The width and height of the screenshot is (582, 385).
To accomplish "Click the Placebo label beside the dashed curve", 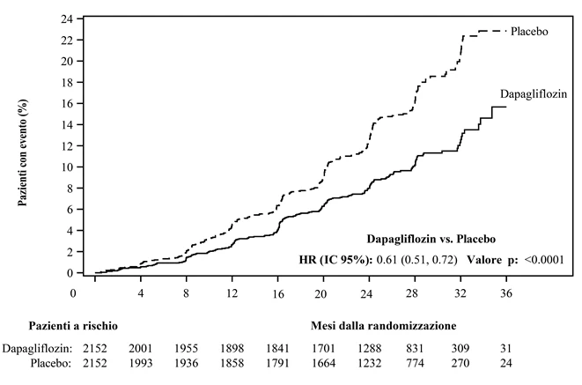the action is (x=529, y=32).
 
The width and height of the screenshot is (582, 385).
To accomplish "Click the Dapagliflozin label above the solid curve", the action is (x=534, y=94).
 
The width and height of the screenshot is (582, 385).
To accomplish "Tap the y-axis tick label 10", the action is (x=67, y=167).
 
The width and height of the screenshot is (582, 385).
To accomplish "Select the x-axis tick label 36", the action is (x=506, y=293).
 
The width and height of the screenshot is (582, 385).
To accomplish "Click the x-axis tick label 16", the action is (x=277, y=293).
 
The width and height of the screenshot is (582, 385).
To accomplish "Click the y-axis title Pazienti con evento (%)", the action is (x=23, y=152).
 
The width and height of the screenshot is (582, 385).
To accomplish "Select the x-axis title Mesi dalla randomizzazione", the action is (x=383, y=326).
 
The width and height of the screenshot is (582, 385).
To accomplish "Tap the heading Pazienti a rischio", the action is (x=73, y=326).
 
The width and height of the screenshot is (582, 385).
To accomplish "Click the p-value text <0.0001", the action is (x=544, y=260).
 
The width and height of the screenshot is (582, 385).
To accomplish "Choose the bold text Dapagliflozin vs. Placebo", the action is (x=431, y=239).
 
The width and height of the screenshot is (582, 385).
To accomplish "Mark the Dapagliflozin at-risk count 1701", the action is (x=323, y=349).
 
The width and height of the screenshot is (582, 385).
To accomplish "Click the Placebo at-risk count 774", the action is (x=415, y=363).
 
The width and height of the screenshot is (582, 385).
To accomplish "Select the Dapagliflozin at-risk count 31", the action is (x=506, y=349).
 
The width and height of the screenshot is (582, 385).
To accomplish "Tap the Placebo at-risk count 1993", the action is (x=141, y=363).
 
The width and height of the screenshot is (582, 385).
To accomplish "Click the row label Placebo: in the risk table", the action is (x=51, y=363).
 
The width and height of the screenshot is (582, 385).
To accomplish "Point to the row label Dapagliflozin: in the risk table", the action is (x=37, y=349).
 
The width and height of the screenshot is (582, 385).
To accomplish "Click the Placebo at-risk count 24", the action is (x=506, y=363).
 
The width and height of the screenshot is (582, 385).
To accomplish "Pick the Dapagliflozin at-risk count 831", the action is (x=415, y=349).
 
